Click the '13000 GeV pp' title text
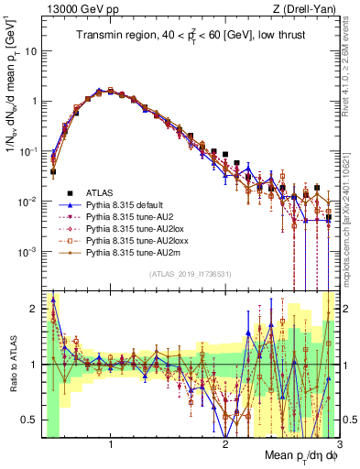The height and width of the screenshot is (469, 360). click(78, 8)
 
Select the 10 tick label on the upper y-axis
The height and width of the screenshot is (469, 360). click(32, 50)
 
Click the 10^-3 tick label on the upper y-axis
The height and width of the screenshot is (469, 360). click(28, 251)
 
